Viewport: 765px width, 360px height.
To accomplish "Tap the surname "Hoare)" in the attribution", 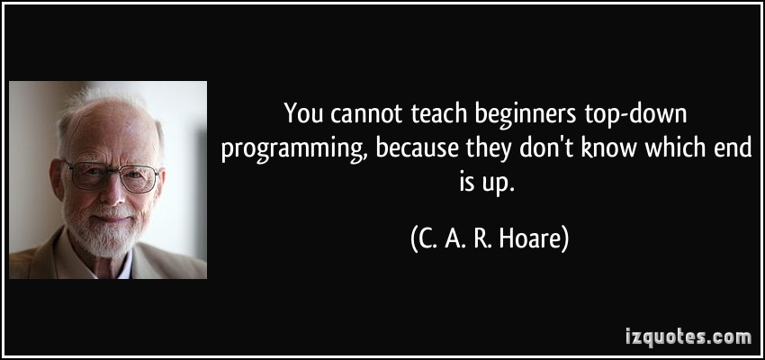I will coord(531,240).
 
